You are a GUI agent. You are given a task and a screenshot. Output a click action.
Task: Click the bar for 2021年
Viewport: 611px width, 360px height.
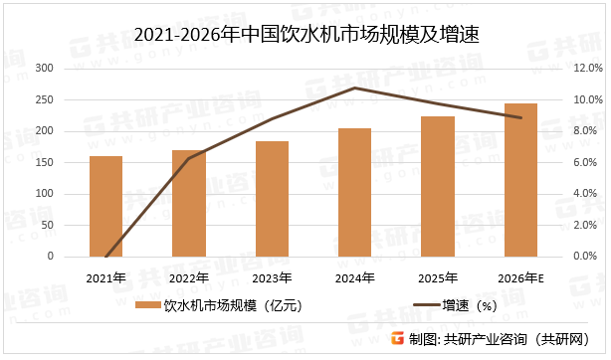[x=105, y=206]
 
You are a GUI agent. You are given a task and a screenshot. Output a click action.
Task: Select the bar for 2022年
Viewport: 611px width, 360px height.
[x=189, y=203]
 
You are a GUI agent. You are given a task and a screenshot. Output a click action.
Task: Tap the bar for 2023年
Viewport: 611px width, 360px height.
[x=272, y=199]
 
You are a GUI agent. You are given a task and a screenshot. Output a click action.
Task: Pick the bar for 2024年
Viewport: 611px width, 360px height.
[x=354, y=192]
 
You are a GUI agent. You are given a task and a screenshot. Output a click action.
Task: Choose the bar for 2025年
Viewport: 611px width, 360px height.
[x=438, y=186]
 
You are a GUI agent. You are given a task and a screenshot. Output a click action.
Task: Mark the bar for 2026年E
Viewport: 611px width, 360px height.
[x=520, y=180]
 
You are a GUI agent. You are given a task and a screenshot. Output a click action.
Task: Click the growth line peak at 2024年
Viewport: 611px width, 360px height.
[x=355, y=88]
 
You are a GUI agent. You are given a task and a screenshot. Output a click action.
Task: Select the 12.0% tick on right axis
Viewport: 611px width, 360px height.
[x=583, y=69]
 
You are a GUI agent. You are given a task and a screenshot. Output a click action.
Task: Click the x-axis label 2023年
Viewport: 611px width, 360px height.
[x=272, y=277]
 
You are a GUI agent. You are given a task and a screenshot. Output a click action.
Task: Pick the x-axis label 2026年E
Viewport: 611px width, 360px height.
[x=521, y=277]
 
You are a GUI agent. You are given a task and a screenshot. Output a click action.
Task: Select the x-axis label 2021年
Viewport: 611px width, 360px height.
[x=105, y=277]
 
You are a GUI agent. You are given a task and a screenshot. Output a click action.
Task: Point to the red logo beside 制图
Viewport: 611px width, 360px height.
[x=397, y=339]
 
